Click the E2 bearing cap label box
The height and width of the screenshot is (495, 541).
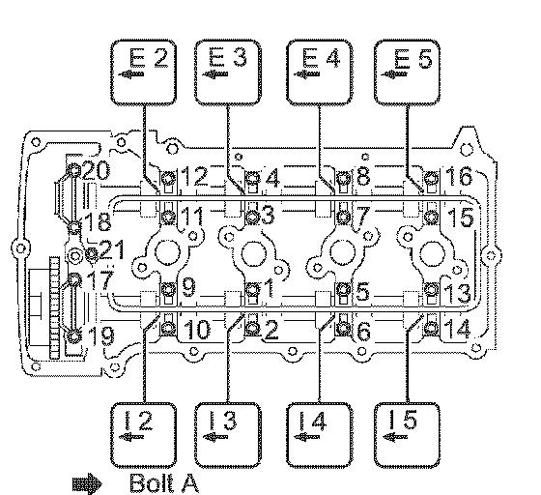(143, 73)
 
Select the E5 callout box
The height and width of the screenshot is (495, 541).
(407, 73)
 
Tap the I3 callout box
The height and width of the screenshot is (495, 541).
(228, 434)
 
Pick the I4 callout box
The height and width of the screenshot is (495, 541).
(320, 434)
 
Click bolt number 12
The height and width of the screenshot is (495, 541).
(169, 179)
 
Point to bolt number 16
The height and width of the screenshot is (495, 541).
(431, 179)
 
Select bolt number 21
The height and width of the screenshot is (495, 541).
(91, 254)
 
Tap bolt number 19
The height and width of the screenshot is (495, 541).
(73, 335)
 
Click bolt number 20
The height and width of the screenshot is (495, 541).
(73, 170)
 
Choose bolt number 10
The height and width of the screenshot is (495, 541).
(168, 327)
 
